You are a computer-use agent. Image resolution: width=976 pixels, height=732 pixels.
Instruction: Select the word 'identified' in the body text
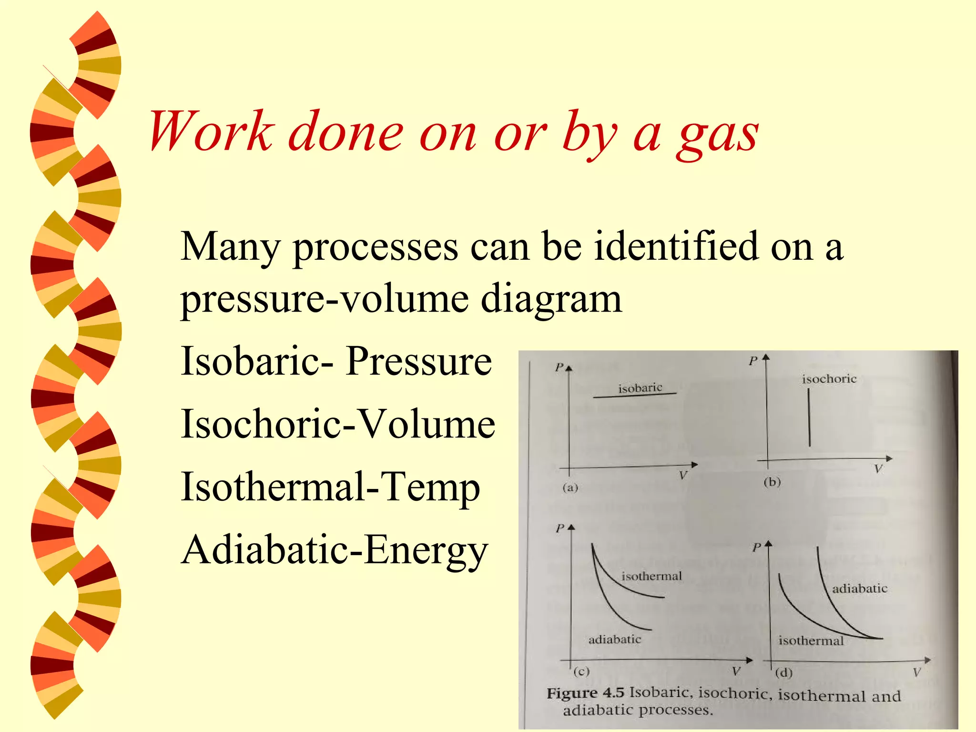tap(676, 247)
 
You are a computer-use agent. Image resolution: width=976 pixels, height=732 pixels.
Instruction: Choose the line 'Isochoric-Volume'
tap(338, 424)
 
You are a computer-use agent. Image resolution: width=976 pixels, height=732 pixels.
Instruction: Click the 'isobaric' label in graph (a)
tap(640, 388)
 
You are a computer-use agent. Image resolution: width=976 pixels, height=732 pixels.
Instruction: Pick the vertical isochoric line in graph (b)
tap(809, 417)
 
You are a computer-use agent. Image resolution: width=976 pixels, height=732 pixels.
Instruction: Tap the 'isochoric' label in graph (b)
tap(829, 379)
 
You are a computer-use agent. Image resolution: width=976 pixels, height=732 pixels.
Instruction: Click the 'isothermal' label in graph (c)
tap(651, 576)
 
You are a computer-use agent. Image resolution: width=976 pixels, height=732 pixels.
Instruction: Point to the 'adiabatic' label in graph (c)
tap(614, 639)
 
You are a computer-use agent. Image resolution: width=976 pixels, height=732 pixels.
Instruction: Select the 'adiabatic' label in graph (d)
tap(859, 589)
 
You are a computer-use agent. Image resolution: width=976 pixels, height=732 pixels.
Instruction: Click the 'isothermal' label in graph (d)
tap(811, 640)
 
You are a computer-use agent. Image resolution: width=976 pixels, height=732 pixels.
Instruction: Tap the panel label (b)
tap(772, 482)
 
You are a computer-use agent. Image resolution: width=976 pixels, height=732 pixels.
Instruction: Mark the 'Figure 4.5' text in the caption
tap(585, 692)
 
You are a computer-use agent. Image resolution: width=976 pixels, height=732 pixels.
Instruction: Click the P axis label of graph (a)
tap(559, 367)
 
